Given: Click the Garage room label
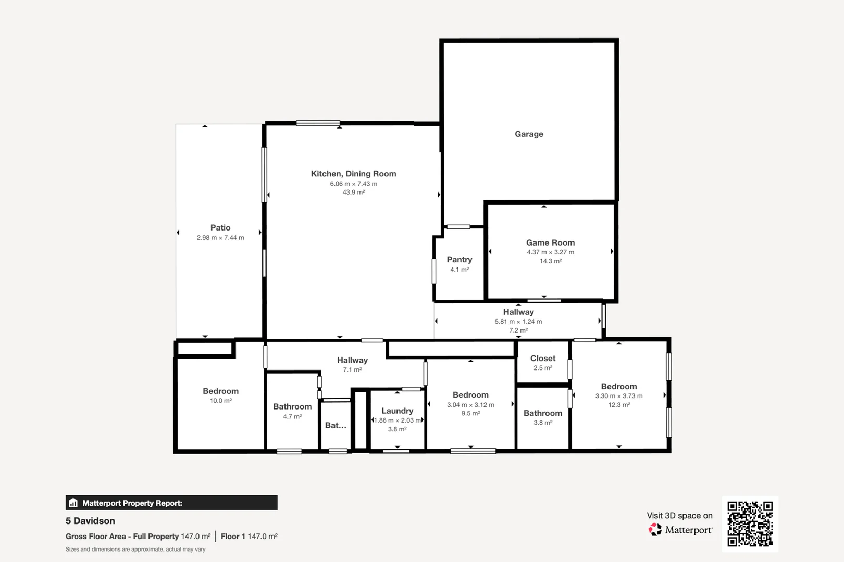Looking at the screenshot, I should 529,134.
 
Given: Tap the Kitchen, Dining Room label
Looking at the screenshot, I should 353,174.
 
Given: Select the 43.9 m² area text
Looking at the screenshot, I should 353,193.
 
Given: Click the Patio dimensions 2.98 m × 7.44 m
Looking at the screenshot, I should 220,238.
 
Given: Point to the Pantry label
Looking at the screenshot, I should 459,260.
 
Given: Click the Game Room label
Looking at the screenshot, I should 550,242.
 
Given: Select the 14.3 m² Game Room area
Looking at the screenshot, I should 550,261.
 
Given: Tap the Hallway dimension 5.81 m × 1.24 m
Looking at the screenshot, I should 518,322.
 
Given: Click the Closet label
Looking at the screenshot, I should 542,359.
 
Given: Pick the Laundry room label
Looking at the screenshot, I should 397,411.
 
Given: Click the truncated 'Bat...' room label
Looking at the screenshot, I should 336,426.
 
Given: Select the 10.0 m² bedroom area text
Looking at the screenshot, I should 220,401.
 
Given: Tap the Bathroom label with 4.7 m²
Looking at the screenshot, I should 292,407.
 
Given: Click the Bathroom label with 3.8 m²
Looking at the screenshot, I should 542,413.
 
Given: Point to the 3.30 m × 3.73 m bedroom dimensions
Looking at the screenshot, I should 618,396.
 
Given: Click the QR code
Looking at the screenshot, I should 750,523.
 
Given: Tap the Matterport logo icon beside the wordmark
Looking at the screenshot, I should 654,530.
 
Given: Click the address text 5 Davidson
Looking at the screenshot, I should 90,521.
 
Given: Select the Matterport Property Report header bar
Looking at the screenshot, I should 171,503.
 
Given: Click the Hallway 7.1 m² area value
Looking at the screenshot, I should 352,370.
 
